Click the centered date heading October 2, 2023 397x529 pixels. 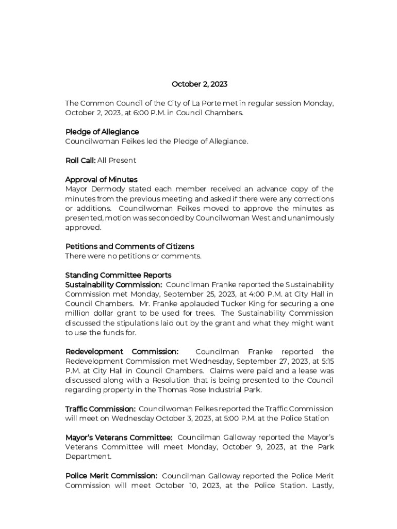[199, 84]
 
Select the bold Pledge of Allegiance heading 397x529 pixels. [102, 132]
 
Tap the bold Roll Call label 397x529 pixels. [80, 160]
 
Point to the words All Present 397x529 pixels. [117, 160]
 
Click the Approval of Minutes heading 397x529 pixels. [101, 179]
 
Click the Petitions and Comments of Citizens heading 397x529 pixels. [129, 246]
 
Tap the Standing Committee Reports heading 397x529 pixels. [118, 275]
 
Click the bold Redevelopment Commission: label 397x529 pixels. [122, 352]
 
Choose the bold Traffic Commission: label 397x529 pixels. [100, 409]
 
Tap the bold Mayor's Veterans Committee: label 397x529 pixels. [119, 438]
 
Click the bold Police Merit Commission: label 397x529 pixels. [111, 476]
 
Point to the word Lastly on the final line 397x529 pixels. [321, 485]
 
